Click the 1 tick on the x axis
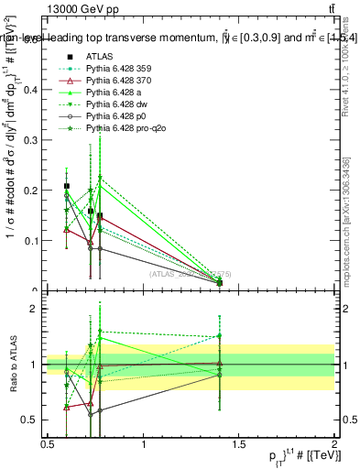point(144,444)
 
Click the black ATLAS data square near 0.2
point(67,187)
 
